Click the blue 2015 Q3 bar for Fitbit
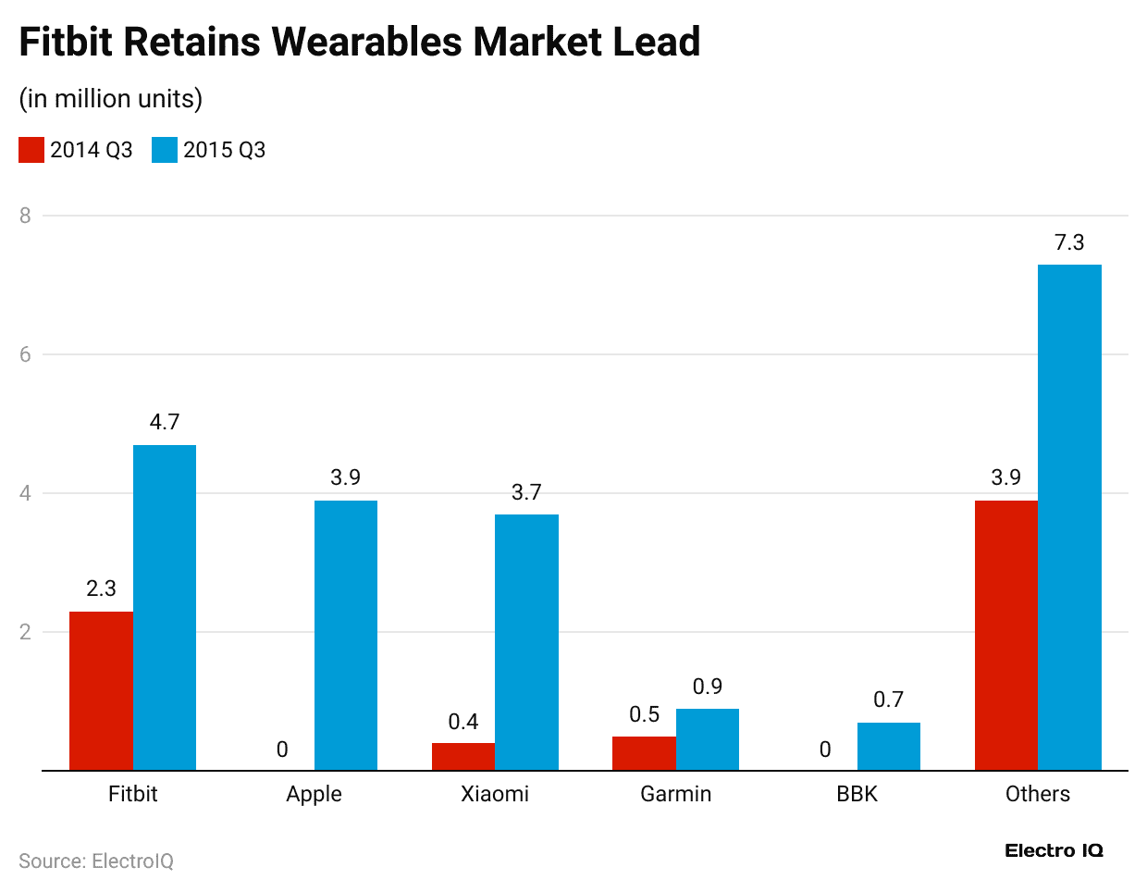tap(165, 607)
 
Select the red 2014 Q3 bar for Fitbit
tap(101, 690)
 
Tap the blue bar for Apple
tap(346, 635)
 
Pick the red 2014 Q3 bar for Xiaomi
tap(463, 756)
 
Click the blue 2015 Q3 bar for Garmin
tap(708, 739)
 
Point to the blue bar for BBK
tap(888, 746)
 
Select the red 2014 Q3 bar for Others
tap(1006, 635)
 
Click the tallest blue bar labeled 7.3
tap(1069, 517)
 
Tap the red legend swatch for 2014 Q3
tap(31, 150)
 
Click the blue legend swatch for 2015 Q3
tap(165, 150)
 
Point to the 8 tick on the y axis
tap(25, 216)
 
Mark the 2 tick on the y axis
tap(25, 632)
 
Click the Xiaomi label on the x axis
tap(495, 794)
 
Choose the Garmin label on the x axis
tap(676, 794)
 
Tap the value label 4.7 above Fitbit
tap(165, 422)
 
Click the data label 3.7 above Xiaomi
tap(526, 492)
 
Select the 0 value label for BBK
tap(825, 750)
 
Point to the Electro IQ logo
tap(1054, 850)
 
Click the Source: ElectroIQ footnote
tap(96, 861)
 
